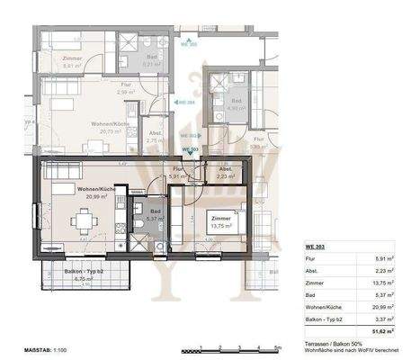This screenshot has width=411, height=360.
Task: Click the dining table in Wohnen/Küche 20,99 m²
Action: click(85, 220)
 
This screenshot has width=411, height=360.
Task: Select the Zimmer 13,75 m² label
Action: click(219, 220)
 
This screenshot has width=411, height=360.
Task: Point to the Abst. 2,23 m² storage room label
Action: click(225, 173)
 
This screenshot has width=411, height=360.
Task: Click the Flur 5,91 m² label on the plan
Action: click(178, 173)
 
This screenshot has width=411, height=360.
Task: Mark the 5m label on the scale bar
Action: click(279, 346)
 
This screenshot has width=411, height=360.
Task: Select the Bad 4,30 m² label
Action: click(237, 104)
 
